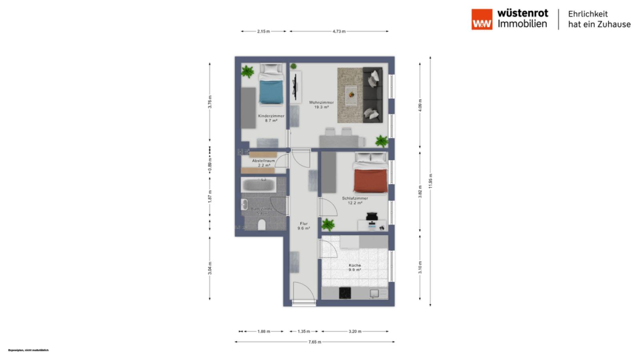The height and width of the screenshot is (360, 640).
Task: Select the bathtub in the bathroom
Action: coord(258,185)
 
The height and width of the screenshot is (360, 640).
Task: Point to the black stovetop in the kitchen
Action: coord(345,293)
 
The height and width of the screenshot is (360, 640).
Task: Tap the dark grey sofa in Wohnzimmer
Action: coord(373,95)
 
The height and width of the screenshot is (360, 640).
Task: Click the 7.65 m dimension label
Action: coord(314,342)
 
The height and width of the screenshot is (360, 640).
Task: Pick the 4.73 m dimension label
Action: coord(339,31)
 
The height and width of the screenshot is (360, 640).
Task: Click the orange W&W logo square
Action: coord(482,19)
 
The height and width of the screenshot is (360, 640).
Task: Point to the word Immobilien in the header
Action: coord(522,24)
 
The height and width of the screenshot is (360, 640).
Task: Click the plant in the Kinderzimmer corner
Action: coord(248,72)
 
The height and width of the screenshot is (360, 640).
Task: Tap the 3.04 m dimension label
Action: coord(210,268)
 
